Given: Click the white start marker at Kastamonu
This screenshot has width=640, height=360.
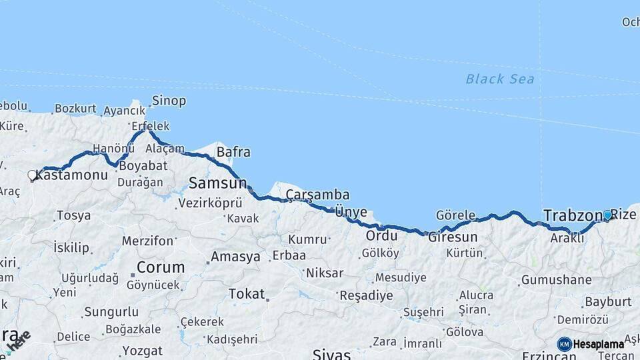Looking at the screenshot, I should tap(32, 176).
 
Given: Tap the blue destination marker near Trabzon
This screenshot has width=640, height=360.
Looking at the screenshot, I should tap(607, 215).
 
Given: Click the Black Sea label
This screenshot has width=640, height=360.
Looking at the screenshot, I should tap(499, 79).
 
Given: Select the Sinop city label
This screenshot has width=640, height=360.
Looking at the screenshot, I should tap(169, 101).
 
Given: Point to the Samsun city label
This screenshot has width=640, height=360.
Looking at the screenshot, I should tap(217, 183).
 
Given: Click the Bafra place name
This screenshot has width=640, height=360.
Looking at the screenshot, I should tap(233, 152).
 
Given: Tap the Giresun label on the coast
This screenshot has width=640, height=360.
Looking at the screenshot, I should tap(453, 237).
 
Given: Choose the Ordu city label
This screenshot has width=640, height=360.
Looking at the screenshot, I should tap(381, 236).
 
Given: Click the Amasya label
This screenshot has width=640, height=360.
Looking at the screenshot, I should tap(235, 257).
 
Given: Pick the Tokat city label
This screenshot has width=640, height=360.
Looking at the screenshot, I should tap(246, 293).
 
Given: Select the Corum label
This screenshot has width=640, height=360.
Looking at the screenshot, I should tap(160, 267).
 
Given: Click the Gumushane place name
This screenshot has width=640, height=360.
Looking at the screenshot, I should tap(556, 280).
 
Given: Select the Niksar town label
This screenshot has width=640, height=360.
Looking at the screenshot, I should tap(325, 273).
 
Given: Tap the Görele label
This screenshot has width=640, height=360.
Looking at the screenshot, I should tap(455, 215).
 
